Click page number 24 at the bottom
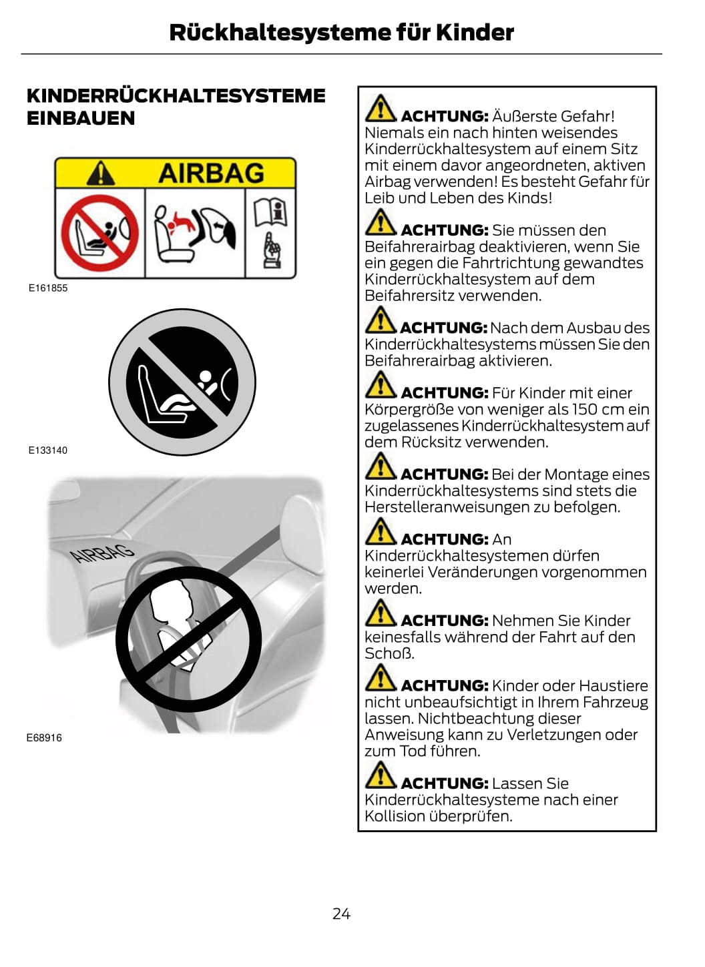pyautogui.click(x=341, y=914)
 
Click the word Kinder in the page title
pyautogui.click(x=475, y=32)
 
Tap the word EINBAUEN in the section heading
pyautogui.click(x=81, y=118)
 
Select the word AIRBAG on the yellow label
pyautogui.click(x=211, y=173)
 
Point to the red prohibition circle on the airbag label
pyautogui.click(x=99, y=233)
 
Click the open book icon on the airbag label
pyautogui.click(x=270, y=212)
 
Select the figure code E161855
pyautogui.click(x=48, y=288)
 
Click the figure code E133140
pyautogui.click(x=48, y=450)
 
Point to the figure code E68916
pyautogui.click(x=44, y=738)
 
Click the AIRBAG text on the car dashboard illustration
pyautogui.click(x=102, y=553)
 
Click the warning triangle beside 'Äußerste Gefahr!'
pyautogui.click(x=380, y=108)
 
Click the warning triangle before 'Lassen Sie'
pyautogui.click(x=380, y=775)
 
